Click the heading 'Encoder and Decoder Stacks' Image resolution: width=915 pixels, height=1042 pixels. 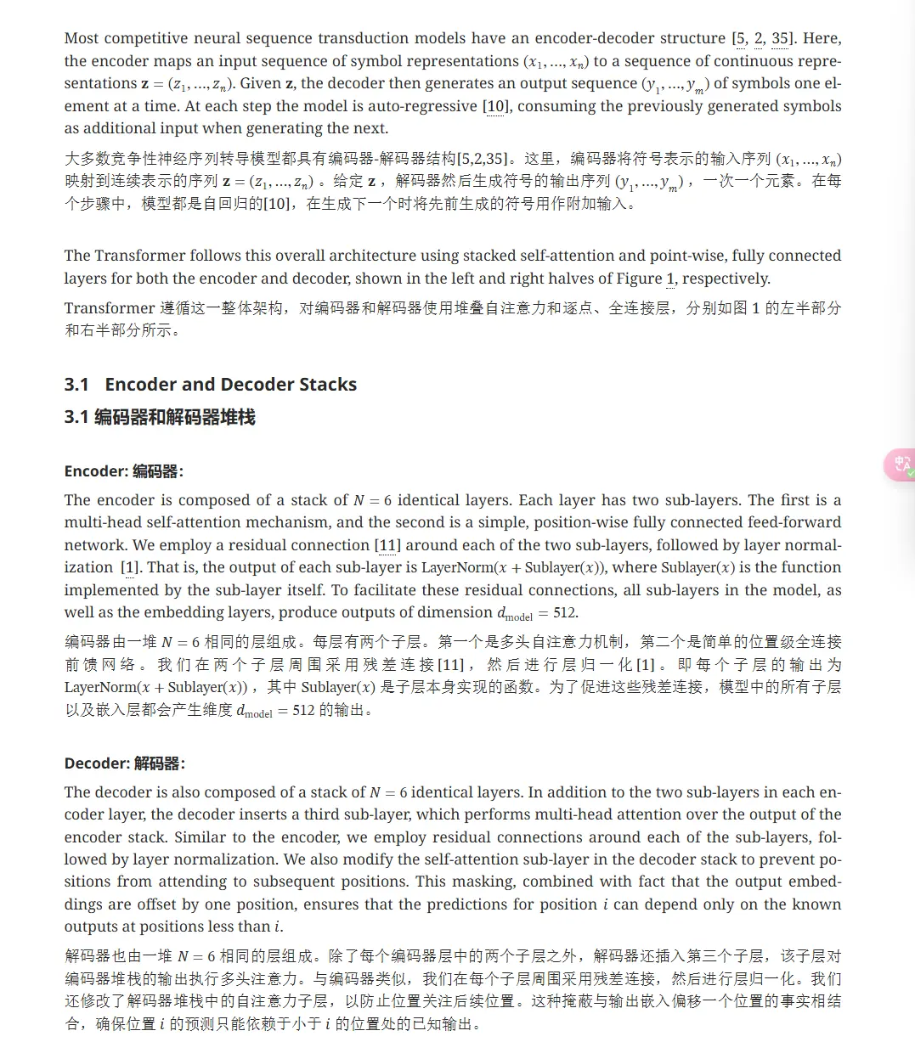(x=230, y=385)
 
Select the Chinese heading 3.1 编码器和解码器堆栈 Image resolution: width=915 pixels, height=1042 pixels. (x=160, y=417)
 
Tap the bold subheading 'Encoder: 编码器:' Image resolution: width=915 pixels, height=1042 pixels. (x=124, y=471)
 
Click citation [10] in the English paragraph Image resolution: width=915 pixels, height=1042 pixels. (x=494, y=106)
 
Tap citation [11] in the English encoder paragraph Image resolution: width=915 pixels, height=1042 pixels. (x=387, y=545)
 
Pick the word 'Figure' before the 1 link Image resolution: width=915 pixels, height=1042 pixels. (x=640, y=279)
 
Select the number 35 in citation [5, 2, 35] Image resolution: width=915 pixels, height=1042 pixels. (x=780, y=38)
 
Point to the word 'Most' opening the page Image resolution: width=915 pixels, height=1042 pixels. (x=82, y=38)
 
